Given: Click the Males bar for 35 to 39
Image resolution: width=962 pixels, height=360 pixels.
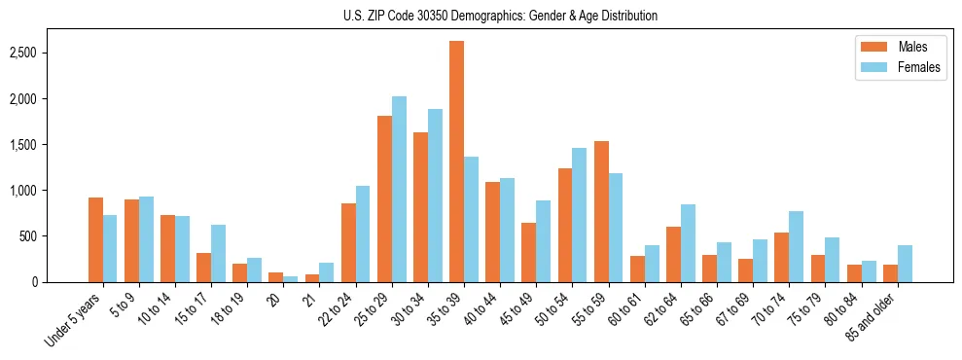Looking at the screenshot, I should (456, 162).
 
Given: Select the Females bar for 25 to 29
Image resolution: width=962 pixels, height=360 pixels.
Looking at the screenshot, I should (399, 189).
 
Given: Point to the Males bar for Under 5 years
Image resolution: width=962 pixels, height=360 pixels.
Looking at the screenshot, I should (95, 239).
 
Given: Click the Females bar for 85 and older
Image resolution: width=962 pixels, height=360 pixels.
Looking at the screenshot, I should (905, 264).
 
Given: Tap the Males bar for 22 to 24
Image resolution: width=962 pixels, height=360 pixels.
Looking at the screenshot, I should (348, 242).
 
